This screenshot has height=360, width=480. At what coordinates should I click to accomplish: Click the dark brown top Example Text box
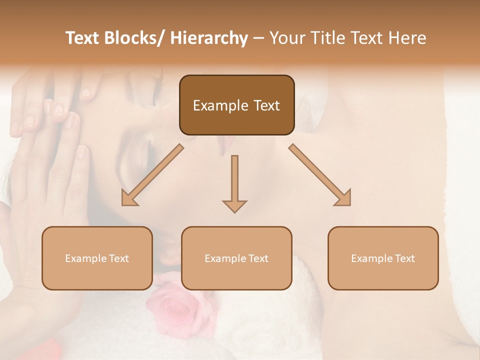click(236, 105)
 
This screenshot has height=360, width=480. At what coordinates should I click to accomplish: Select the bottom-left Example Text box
click(97, 258)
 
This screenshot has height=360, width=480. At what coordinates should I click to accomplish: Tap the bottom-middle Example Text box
click(236, 258)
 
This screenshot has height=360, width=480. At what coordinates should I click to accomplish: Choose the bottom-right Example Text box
click(383, 258)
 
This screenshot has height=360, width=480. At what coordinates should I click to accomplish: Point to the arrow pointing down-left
click(152, 175)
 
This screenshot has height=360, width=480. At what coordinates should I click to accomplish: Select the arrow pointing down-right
click(320, 175)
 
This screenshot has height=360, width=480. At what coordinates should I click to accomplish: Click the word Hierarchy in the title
click(208, 38)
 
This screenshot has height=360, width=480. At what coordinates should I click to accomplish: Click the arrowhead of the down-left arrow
click(127, 199)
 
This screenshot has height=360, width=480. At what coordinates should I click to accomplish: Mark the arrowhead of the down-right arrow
click(344, 199)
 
